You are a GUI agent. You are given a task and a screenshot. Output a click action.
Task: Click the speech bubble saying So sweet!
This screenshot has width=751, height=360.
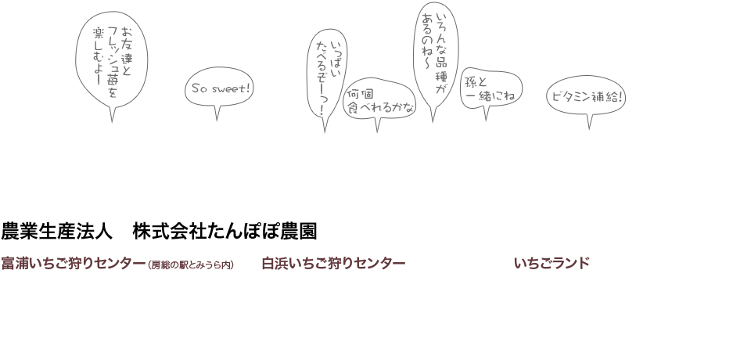(x=219, y=88)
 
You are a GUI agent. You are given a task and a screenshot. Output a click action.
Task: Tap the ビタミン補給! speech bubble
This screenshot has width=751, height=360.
(x=586, y=96)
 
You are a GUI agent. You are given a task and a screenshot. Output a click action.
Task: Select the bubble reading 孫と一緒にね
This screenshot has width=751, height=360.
(x=491, y=88)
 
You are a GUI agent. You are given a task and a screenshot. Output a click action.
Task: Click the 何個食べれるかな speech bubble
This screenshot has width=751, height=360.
(x=379, y=99)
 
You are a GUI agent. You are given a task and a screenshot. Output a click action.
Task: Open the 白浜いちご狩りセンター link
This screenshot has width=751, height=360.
(x=333, y=263)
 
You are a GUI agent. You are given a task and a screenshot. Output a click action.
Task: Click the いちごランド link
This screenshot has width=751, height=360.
(x=552, y=263)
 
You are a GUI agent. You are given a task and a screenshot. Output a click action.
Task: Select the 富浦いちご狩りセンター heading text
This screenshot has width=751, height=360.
(x=74, y=263)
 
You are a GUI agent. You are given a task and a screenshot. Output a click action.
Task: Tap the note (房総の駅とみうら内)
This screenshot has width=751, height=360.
(x=191, y=265)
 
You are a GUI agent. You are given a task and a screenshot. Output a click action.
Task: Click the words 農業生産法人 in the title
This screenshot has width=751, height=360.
(x=56, y=231)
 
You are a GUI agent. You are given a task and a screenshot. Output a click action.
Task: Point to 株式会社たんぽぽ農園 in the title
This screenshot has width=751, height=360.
(x=225, y=231)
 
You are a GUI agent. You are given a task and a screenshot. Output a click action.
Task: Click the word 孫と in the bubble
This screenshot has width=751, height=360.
(x=476, y=82)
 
